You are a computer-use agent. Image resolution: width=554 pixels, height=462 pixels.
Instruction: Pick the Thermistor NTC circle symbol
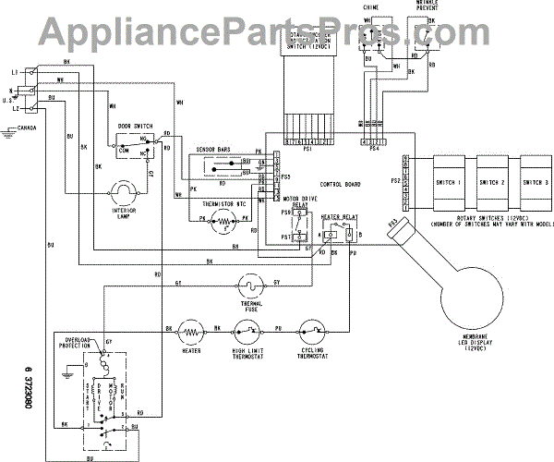coord(222,220)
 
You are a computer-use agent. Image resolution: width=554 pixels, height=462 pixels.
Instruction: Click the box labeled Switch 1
coord(447,182)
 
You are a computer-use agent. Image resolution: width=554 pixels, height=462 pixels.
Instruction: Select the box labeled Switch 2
coord(491,182)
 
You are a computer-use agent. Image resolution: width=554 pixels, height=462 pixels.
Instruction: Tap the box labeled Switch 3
coord(536,182)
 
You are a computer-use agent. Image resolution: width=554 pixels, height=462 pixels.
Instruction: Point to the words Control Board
coord(338,184)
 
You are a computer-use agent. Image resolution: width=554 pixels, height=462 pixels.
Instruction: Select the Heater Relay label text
coord(340,214)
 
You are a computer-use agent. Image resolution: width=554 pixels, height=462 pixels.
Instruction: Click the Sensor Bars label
coord(212,150)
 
